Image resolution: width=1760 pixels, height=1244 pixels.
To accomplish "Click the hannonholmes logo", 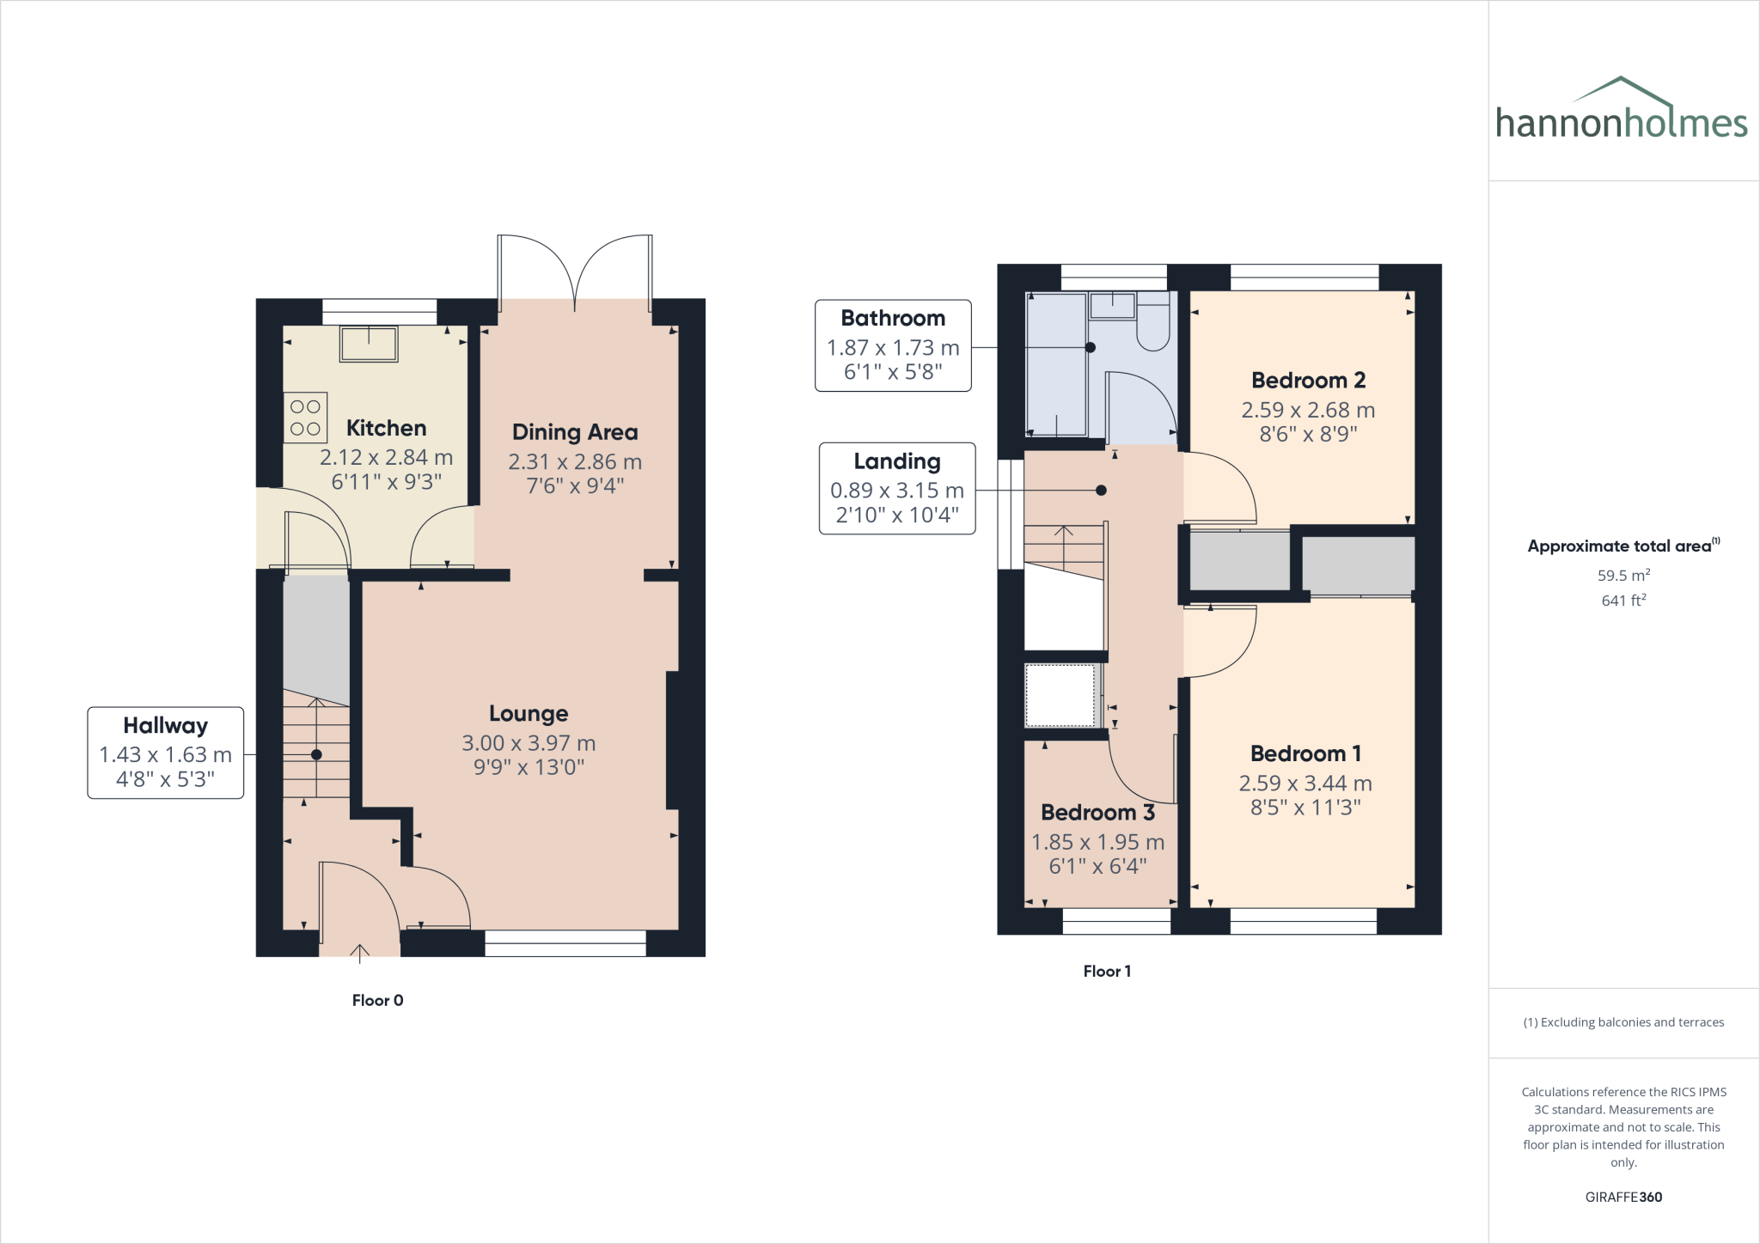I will [1621, 112].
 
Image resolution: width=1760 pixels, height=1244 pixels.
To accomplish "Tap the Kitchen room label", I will [386, 428].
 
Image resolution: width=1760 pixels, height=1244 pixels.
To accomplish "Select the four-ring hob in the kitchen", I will [305, 418].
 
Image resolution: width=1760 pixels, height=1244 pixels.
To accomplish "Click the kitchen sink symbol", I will [369, 344].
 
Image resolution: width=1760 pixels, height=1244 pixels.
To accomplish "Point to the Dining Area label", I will [575, 432].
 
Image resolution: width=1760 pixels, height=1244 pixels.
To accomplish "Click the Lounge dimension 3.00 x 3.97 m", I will [529, 743].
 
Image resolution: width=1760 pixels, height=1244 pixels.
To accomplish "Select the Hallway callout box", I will [166, 753].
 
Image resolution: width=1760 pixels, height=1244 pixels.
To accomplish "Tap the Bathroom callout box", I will [893, 345].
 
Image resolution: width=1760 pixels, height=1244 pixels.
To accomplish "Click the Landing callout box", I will [897, 488].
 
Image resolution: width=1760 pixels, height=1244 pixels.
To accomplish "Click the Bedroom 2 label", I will [1308, 380].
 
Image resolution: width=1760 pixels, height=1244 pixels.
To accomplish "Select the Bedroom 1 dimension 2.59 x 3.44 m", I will [1305, 784].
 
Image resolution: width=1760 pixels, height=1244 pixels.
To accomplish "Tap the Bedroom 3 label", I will [1097, 813].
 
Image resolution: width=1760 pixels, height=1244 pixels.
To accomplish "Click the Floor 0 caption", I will [377, 1000].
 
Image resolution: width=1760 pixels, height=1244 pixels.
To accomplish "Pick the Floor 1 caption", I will [1107, 972].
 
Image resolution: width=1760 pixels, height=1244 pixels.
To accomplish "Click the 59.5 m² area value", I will [1623, 576].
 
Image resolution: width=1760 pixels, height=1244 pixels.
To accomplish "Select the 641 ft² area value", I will [1623, 601].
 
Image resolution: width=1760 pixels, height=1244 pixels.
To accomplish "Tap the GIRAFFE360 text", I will [1623, 1197].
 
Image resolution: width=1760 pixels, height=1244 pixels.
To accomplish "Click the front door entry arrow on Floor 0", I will [359, 949].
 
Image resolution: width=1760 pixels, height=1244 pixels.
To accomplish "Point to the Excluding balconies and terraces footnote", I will [1623, 1022].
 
